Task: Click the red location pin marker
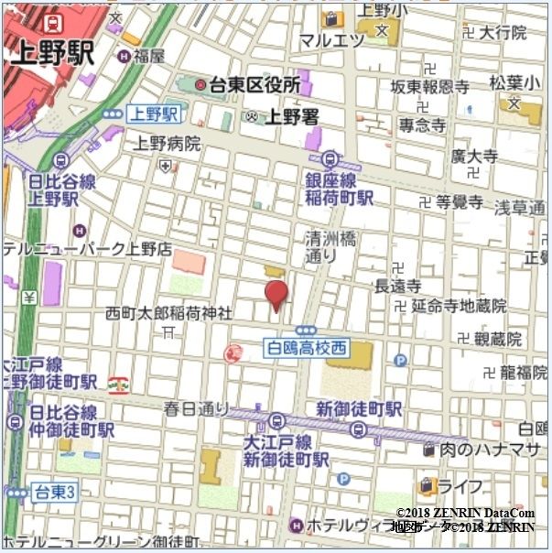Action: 276,295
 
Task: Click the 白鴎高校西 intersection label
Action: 307,347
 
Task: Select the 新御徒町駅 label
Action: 358,408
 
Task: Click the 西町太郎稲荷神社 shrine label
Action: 168,312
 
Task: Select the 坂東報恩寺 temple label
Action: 429,87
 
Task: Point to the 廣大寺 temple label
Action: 474,157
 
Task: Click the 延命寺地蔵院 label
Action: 459,306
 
